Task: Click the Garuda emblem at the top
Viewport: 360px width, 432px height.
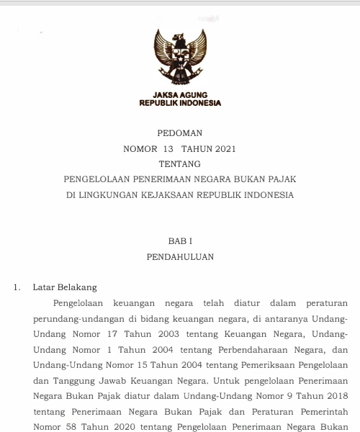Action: pos(180,58)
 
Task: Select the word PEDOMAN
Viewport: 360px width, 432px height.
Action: pos(180,133)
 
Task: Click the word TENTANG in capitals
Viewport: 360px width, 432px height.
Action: pos(180,164)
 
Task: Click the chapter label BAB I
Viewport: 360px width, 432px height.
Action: pos(180,241)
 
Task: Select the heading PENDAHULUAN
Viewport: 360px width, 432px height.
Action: pos(180,256)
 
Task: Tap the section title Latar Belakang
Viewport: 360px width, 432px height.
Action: pos(65,287)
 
